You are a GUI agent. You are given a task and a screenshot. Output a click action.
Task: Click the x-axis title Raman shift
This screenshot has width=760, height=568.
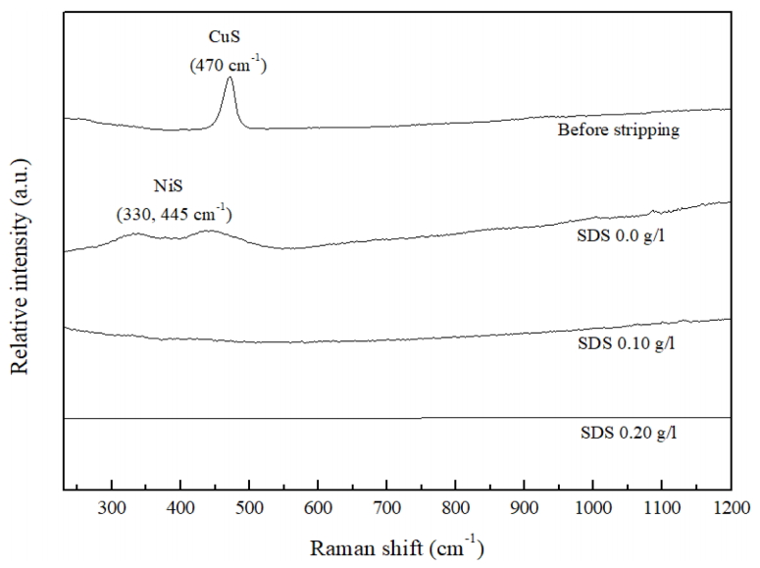396,546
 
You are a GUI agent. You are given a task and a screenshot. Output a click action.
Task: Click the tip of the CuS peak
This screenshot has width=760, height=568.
229,77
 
